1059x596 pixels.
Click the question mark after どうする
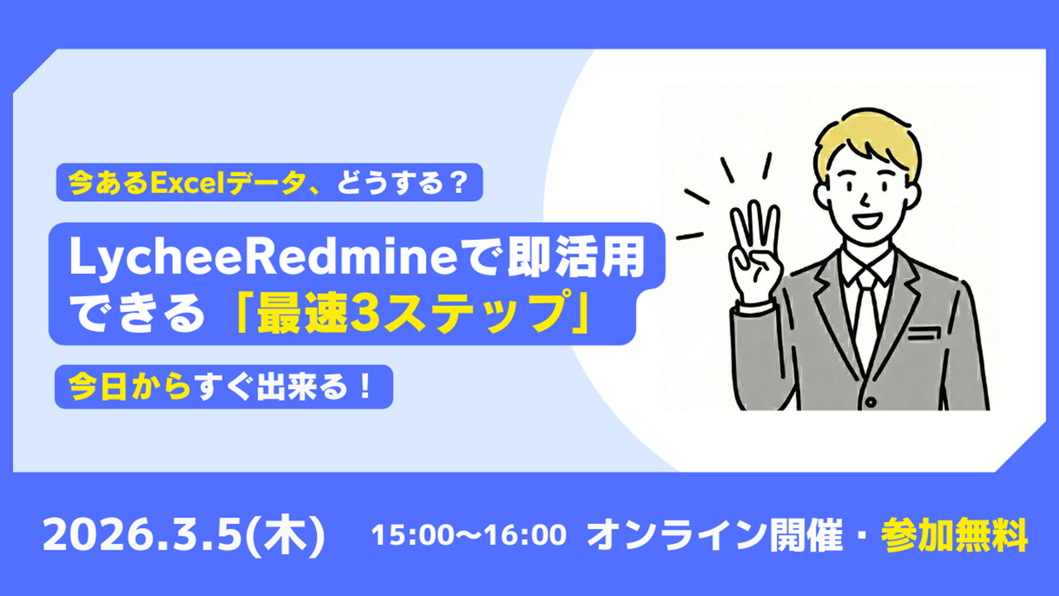pos(456,183)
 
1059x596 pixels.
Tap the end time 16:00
pos(530,535)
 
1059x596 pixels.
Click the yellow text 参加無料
pos(954,535)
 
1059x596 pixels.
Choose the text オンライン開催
pos(714,535)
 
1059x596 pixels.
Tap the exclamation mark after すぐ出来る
pos(365,387)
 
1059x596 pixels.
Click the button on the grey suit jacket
pos(870,402)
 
